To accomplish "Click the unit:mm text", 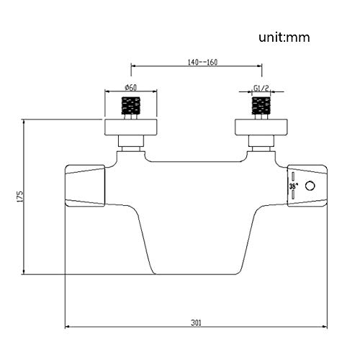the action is pyautogui.click(x=284, y=37).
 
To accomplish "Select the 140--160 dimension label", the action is pyautogui.click(x=202, y=62).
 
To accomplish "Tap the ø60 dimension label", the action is pyautogui.click(x=131, y=88).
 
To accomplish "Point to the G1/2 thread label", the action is pyautogui.click(x=261, y=89).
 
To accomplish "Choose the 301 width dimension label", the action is pyautogui.click(x=196, y=323).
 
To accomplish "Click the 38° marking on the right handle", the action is pyautogui.click(x=293, y=186).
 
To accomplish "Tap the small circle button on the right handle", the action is pyautogui.click(x=310, y=186).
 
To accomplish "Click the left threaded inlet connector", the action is pyautogui.click(x=131, y=105).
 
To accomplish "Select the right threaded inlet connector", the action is pyautogui.click(x=261, y=105).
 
